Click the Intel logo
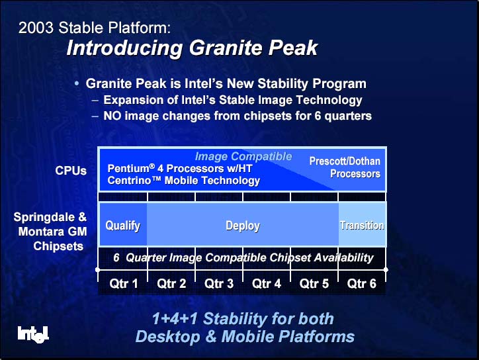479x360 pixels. pyautogui.click(x=33, y=335)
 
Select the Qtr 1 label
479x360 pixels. pyautogui.click(x=124, y=284)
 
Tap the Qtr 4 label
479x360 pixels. pyautogui.click(x=267, y=284)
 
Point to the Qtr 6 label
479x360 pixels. pyautogui.click(x=362, y=284)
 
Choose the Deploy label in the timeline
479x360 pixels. pyautogui.click(x=243, y=226)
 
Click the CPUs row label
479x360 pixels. pyautogui.click(x=71, y=171)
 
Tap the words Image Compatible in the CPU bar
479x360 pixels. pyautogui.click(x=243, y=156)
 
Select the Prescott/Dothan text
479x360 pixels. pyautogui.click(x=345, y=161)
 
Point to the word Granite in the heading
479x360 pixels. pyautogui.click(x=225, y=48)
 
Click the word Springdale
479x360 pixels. pyautogui.click(x=44, y=217)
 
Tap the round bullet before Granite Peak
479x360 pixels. pyautogui.click(x=77, y=83)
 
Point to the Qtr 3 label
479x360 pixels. pyautogui.click(x=219, y=284)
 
